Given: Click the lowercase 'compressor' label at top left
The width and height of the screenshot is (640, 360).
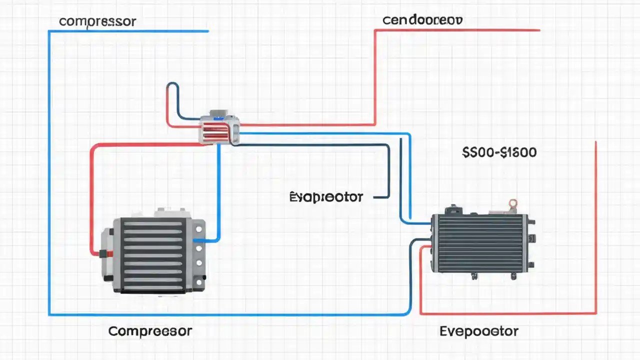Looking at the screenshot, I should click(97, 21).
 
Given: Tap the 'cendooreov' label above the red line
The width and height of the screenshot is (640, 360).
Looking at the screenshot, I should click(422, 20).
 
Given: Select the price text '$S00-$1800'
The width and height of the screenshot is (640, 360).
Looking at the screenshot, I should click(499, 152).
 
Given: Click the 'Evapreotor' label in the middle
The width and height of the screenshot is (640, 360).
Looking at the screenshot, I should click(326, 197).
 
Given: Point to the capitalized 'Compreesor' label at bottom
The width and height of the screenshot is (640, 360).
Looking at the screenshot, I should click(150, 331).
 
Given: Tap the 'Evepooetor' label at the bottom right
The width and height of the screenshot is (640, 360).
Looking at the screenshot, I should click(479, 331).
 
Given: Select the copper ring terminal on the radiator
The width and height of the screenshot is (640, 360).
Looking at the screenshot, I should click(512, 203).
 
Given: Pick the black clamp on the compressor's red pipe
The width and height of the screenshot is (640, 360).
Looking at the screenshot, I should click(104, 254).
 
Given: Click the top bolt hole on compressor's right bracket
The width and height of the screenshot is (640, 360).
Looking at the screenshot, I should click(199, 229).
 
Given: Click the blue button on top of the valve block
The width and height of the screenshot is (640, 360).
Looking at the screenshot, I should click(218, 118).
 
